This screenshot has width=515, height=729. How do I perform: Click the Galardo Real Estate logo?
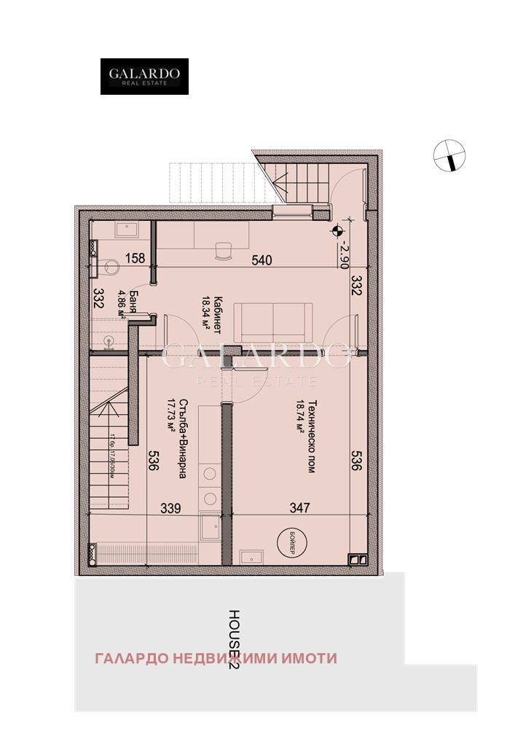pyautogui.click(x=144, y=77)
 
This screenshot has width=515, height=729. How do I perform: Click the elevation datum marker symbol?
pyautogui.click(x=337, y=232)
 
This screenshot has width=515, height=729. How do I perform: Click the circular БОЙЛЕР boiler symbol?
pyautogui.click(x=289, y=542)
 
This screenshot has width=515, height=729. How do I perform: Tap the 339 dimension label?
pyautogui.click(x=168, y=507)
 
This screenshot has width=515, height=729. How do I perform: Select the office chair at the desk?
pyautogui.click(x=222, y=252)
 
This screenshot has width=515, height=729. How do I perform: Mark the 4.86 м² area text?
pyautogui.click(x=122, y=305)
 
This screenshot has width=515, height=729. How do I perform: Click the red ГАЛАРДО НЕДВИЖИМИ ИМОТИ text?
pyautogui.click(x=216, y=658)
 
